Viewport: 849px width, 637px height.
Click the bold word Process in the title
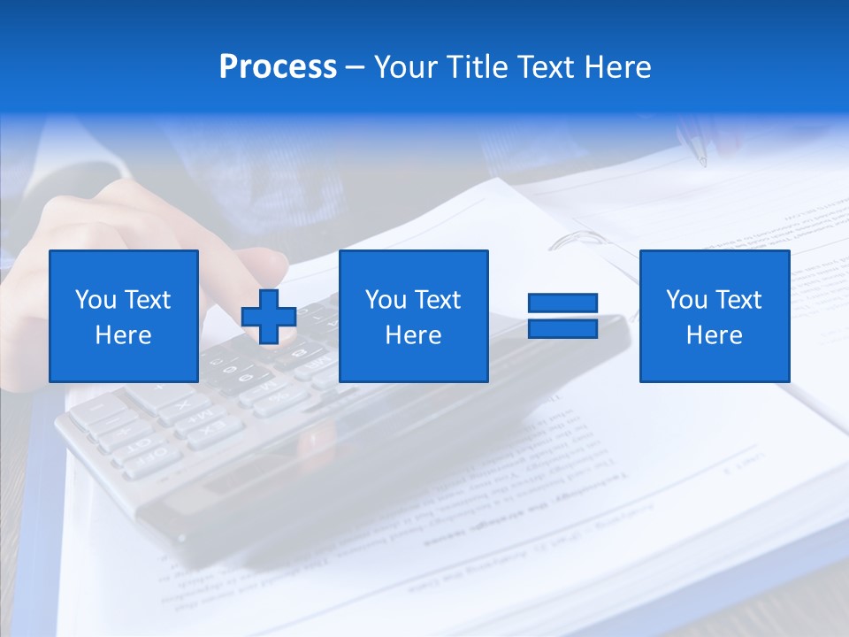pyautogui.click(x=278, y=67)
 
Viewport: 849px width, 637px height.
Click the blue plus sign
pyautogui.click(x=269, y=316)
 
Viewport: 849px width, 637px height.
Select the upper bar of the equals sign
pyautogui.click(x=562, y=303)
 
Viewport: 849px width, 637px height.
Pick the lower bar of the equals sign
pyautogui.click(x=562, y=328)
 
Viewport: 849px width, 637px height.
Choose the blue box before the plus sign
pyautogui.click(x=124, y=316)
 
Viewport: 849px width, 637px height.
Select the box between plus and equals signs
pyautogui.click(x=413, y=316)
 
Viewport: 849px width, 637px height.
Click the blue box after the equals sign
pyautogui.click(x=714, y=316)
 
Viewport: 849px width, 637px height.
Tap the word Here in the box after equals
pyautogui.click(x=714, y=335)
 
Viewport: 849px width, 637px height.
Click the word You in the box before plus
pyautogui.click(x=96, y=300)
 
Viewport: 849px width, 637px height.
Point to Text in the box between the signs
pyautogui.click(x=438, y=300)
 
